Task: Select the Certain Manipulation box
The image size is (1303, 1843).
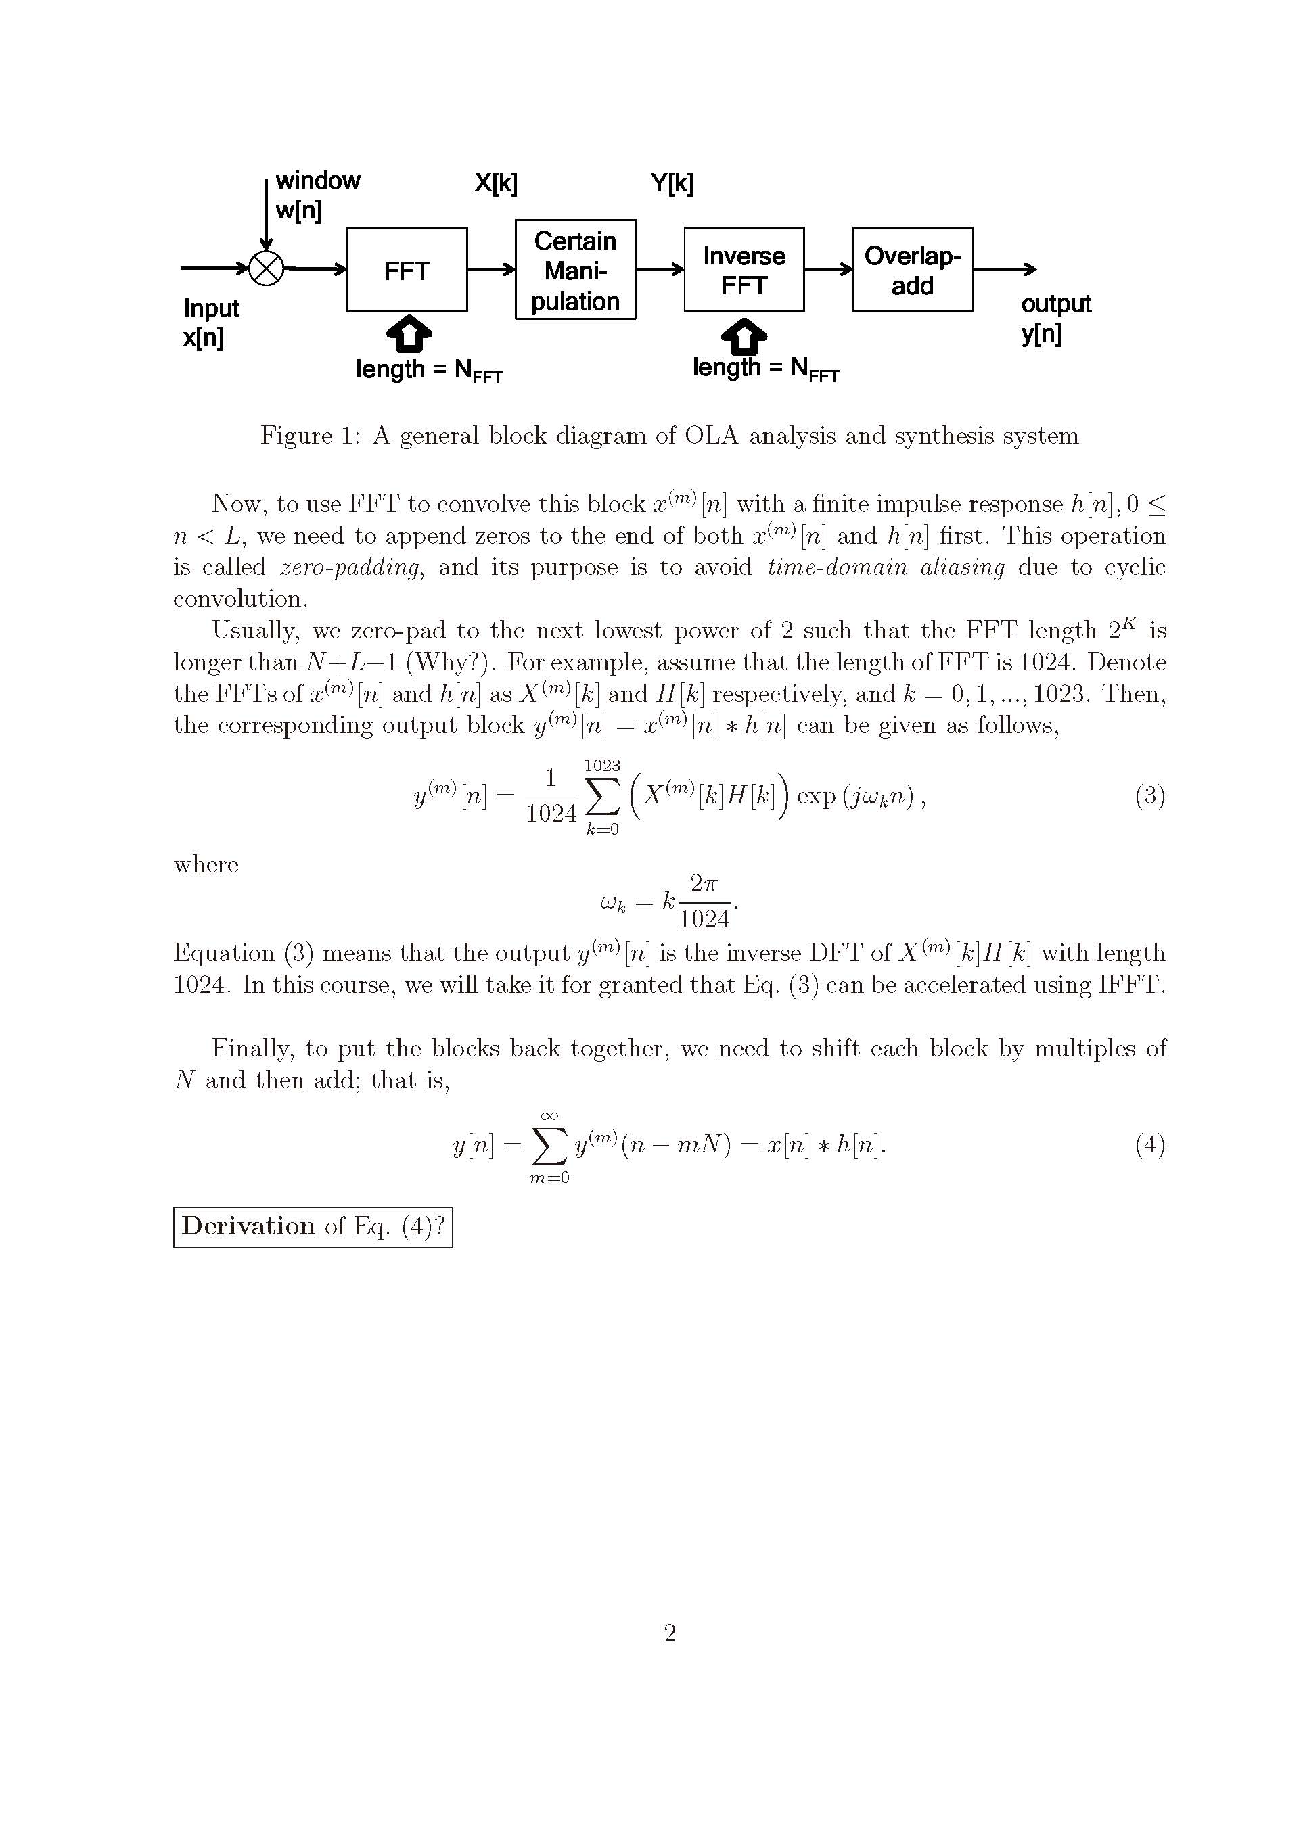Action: (x=575, y=270)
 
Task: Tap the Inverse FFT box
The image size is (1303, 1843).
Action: (x=744, y=270)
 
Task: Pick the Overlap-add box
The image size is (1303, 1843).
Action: (x=912, y=270)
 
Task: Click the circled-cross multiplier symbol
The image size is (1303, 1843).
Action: (x=267, y=268)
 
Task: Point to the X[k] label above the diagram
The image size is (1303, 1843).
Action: (x=495, y=184)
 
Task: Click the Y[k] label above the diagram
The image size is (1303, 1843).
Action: (x=672, y=184)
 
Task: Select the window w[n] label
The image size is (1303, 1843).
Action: (x=317, y=195)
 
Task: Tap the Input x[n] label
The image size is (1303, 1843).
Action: (x=210, y=322)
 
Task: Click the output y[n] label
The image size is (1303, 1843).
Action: (x=1055, y=318)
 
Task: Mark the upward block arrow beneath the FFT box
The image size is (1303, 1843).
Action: (x=409, y=334)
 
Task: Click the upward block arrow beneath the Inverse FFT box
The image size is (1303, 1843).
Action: (x=744, y=335)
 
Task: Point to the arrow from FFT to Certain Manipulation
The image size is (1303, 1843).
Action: (x=490, y=270)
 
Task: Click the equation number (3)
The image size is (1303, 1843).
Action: (x=1149, y=795)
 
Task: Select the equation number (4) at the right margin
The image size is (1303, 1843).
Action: (x=1149, y=1144)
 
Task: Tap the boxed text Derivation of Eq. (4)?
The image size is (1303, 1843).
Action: (x=313, y=1227)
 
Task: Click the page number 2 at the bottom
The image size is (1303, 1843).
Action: (x=670, y=1633)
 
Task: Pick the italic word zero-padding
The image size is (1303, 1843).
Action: (x=350, y=567)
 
